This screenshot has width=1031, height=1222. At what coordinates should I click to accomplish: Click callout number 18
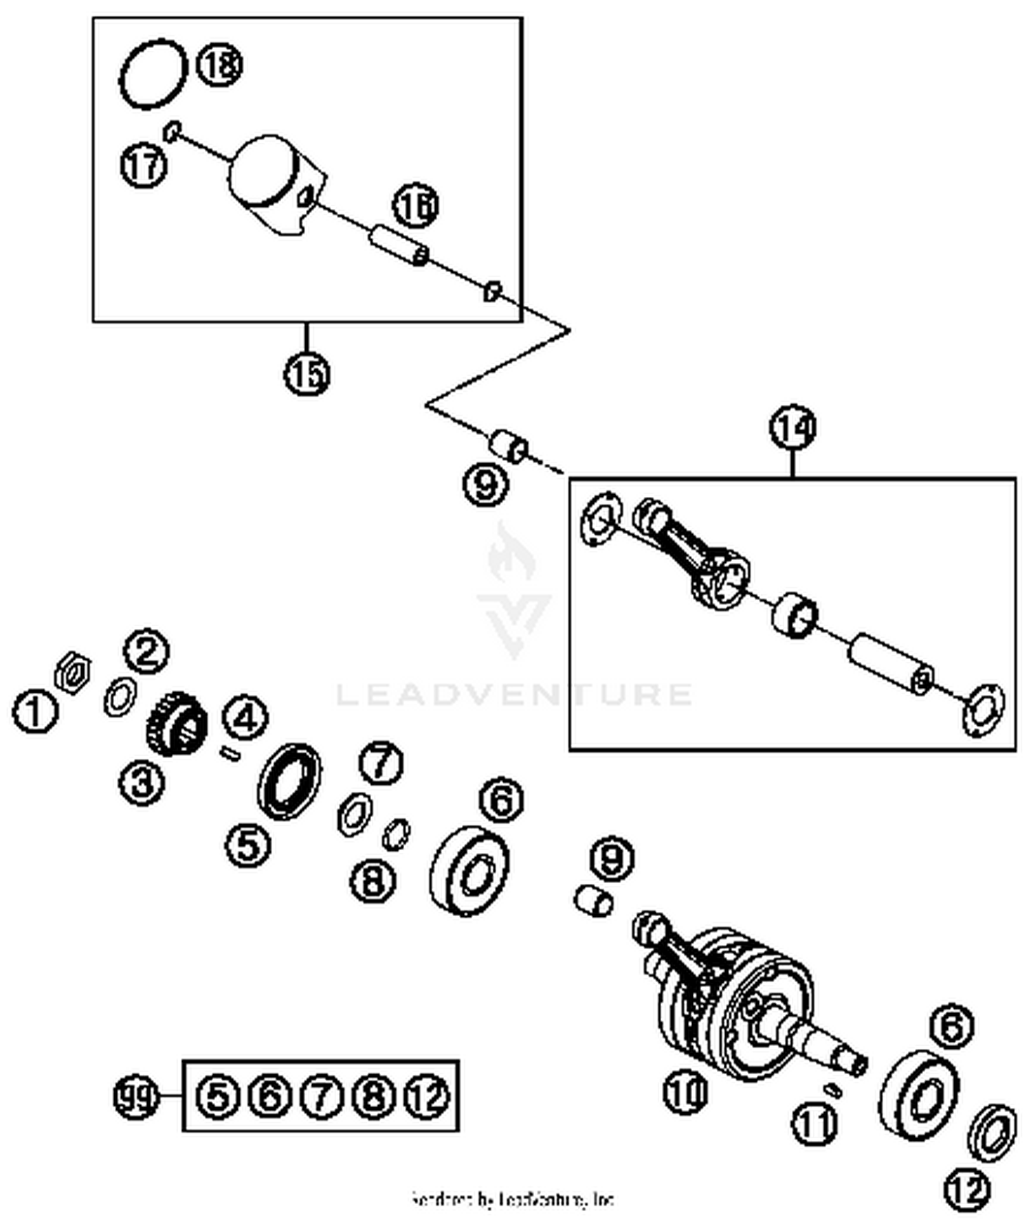click(220, 65)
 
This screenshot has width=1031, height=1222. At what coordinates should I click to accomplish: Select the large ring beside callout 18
click(153, 74)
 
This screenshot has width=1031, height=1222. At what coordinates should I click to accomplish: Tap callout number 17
click(144, 166)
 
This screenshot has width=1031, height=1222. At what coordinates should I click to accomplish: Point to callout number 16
click(415, 205)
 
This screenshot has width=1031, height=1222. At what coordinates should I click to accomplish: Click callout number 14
click(792, 427)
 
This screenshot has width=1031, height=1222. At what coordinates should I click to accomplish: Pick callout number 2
click(146, 650)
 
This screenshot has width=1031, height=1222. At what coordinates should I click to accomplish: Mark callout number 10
click(685, 1091)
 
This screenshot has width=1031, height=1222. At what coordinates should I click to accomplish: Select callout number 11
click(814, 1122)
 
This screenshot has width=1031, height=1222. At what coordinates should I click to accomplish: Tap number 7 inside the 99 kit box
click(321, 1096)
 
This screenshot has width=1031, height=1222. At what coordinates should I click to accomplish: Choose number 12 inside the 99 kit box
click(428, 1096)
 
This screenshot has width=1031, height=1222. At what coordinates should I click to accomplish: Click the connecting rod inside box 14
click(694, 557)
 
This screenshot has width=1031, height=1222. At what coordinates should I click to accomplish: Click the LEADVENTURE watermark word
click(514, 694)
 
